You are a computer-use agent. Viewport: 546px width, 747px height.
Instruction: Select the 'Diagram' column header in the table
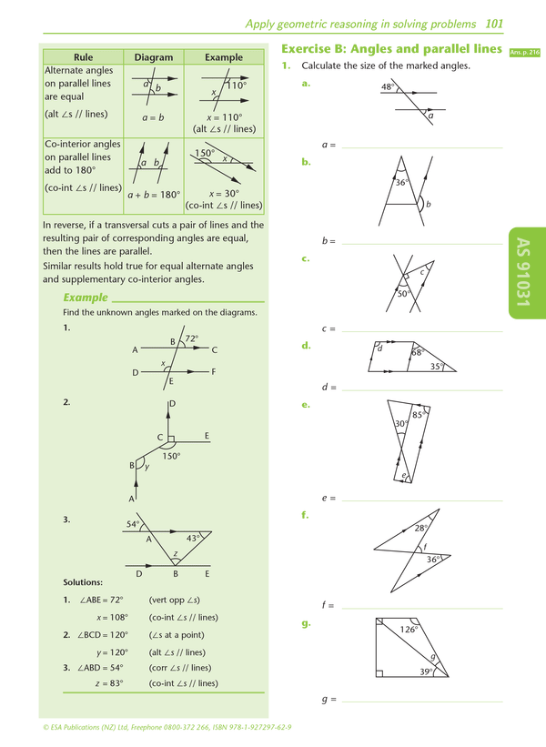pos(153,57)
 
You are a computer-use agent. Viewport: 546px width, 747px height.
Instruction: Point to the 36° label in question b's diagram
pos(401,182)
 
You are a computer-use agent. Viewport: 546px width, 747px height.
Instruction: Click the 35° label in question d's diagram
pos(437,366)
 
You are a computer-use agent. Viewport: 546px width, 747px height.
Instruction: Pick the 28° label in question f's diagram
pos(420,528)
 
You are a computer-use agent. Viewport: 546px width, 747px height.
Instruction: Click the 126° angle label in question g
pos(409,629)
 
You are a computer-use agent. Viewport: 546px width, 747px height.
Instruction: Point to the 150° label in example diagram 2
pos(171,456)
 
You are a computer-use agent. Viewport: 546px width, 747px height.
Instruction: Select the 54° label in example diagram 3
pos(133,525)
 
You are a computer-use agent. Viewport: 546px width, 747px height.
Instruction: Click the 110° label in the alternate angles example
pos(237,86)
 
